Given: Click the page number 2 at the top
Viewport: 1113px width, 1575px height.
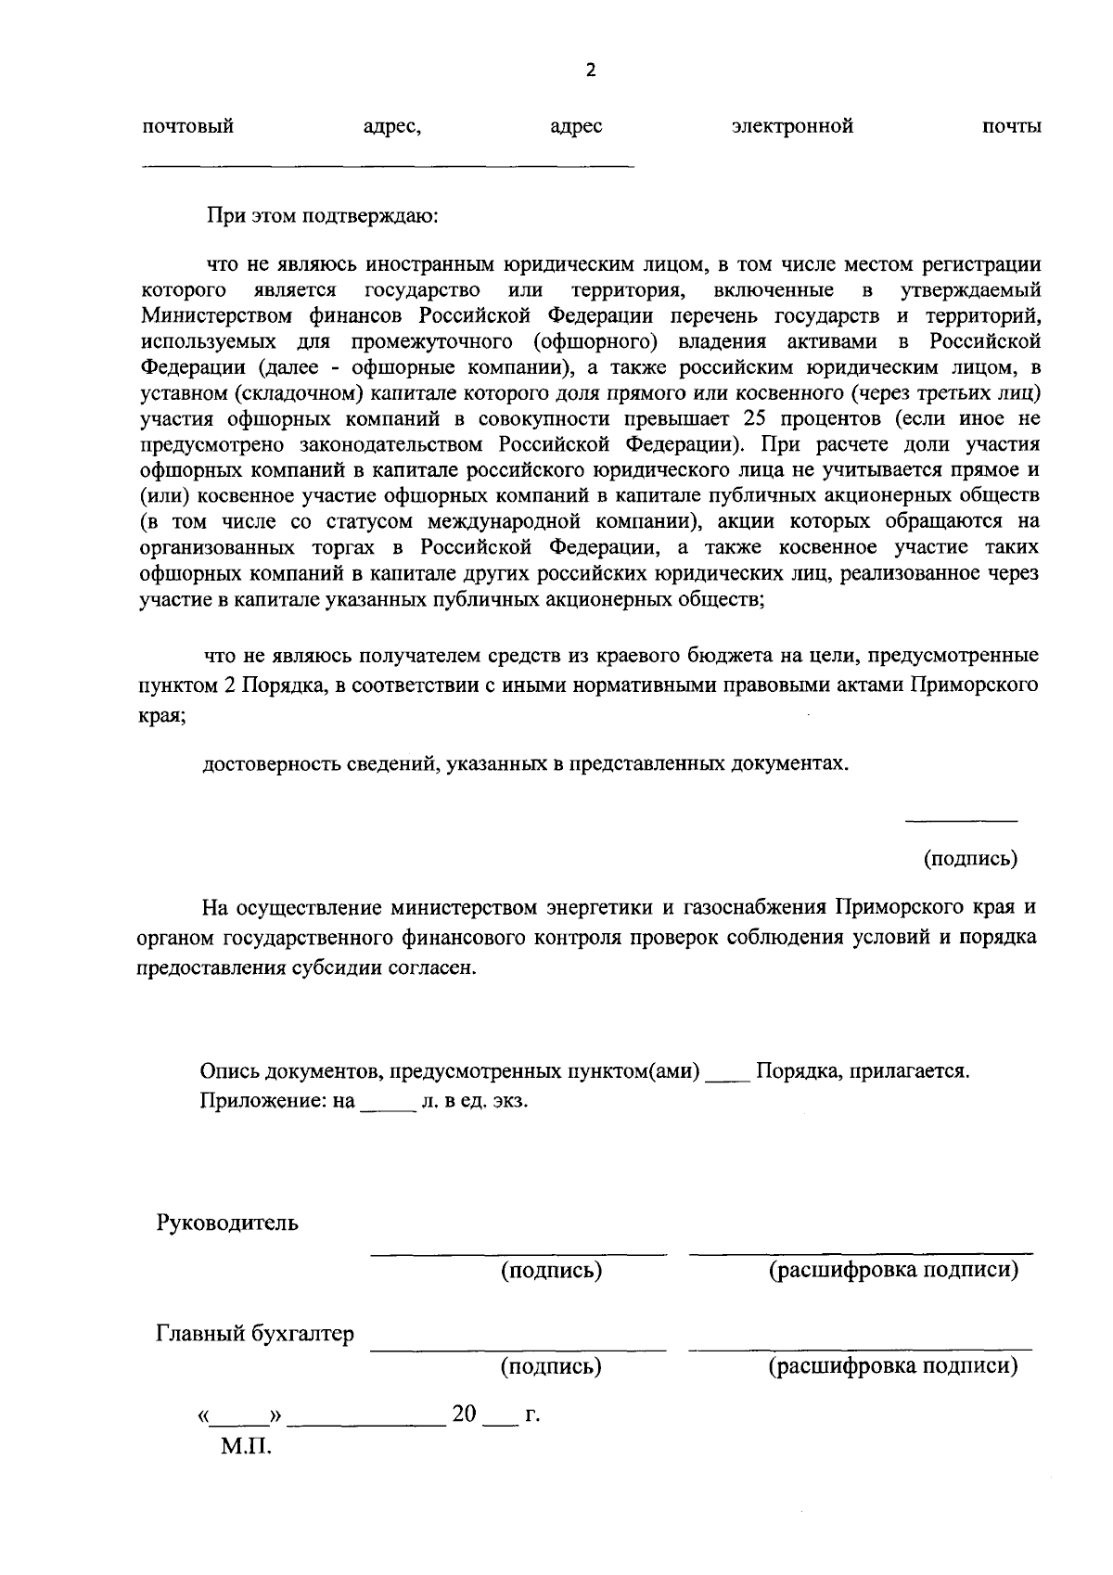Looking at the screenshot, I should point(590,70).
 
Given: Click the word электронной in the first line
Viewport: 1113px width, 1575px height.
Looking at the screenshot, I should point(791,126).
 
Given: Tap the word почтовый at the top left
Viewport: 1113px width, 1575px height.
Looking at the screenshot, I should point(187,127).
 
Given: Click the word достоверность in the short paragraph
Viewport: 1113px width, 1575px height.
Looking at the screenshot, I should point(265,764).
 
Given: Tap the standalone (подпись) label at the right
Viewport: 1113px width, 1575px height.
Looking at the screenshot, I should point(970,859).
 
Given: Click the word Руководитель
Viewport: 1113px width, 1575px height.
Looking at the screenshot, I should point(226,1222).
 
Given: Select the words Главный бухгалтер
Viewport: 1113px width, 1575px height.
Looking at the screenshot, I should point(254,1335).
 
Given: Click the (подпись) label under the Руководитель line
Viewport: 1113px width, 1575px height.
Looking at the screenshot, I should point(551,1270).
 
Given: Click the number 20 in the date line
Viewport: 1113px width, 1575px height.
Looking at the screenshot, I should point(464,1415).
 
